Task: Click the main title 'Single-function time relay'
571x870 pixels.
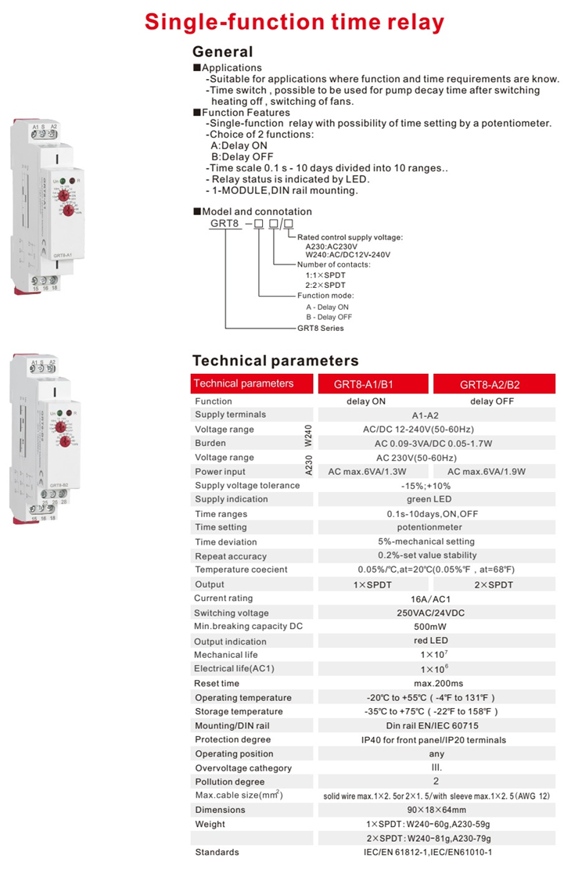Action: tap(294, 22)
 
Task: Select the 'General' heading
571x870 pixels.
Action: tap(223, 52)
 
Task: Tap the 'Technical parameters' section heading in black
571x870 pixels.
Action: tap(275, 361)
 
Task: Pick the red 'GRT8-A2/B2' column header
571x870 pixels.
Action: tap(495, 384)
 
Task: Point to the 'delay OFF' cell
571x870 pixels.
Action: tap(492, 401)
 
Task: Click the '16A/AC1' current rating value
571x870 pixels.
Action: tap(431, 599)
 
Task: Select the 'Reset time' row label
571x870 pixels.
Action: tap(217, 683)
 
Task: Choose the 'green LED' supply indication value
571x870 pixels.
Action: tap(429, 499)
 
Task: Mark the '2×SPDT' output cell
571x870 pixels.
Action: tap(492, 584)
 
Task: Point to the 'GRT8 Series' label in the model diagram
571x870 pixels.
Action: tap(320, 328)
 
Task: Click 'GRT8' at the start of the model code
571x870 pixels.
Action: tap(224, 224)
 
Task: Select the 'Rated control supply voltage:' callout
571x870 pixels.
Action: tap(350, 237)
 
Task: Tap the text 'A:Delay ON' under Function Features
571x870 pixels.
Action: tap(239, 146)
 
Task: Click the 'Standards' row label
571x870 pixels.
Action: tap(217, 851)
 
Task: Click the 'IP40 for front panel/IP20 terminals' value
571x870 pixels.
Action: tap(433, 739)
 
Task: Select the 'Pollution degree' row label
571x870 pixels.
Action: tap(230, 782)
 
